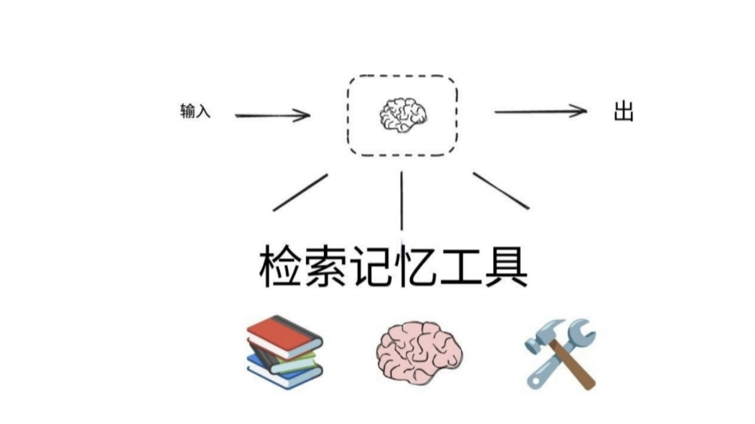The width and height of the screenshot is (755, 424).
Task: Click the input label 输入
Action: pyautogui.click(x=195, y=113)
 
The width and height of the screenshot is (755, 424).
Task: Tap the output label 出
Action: pyautogui.click(x=623, y=113)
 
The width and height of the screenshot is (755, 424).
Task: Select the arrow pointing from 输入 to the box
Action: pyautogui.click(x=272, y=115)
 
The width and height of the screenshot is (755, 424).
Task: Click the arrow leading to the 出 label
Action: pyautogui.click(x=540, y=112)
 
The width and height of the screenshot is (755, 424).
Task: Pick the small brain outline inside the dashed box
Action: pyautogui.click(x=403, y=114)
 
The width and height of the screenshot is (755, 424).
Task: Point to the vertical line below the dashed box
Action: pyautogui.click(x=401, y=201)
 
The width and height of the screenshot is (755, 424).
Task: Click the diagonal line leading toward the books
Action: pyautogui.click(x=300, y=192)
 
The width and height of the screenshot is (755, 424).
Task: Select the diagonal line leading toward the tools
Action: pyautogui.click(x=501, y=190)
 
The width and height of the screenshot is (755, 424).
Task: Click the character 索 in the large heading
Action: pyautogui.click(x=326, y=267)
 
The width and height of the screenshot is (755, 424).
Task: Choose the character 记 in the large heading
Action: pyautogui.click(x=371, y=267)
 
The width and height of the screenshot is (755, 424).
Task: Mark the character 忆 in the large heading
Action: pyautogui.click(x=416, y=267)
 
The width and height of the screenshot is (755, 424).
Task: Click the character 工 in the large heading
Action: pyautogui.click(x=461, y=267)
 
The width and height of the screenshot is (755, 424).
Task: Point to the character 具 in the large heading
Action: pyautogui.click(x=506, y=267)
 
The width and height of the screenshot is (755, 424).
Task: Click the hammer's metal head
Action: pyautogui.click(x=545, y=333)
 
